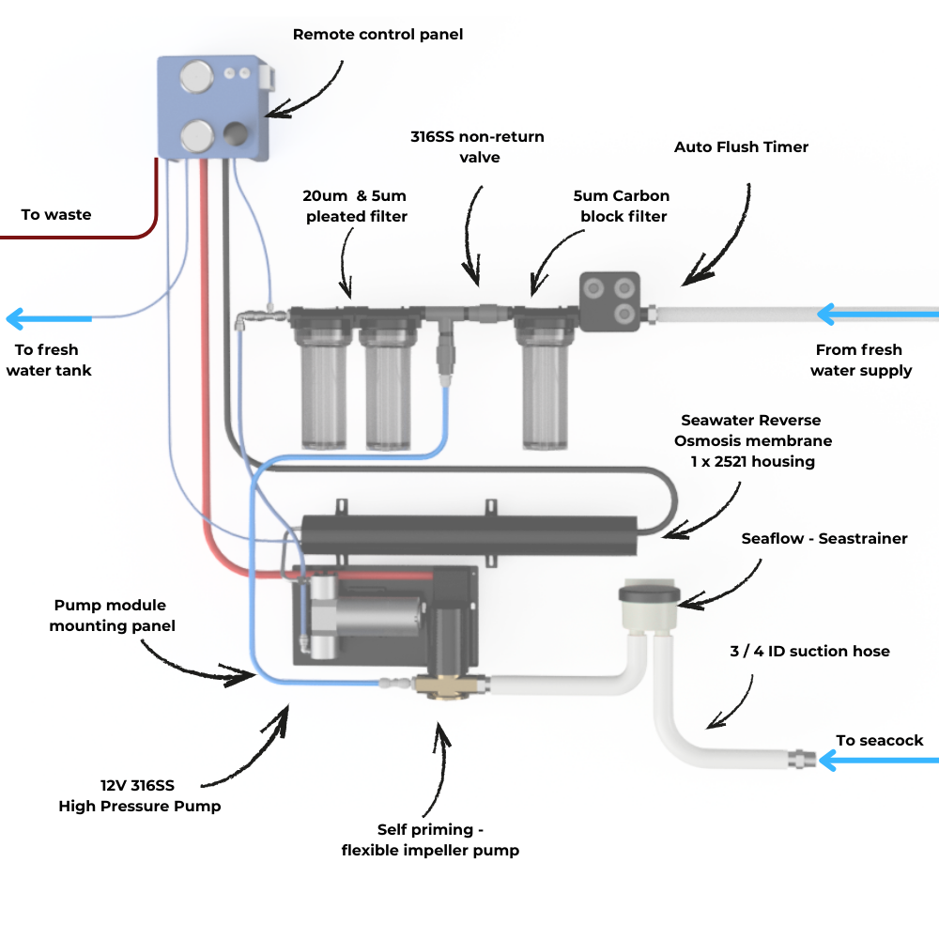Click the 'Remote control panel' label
pyautogui.click(x=377, y=35)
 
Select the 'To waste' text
pyautogui.click(x=56, y=215)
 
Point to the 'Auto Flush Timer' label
pyautogui.click(x=741, y=147)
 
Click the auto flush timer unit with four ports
pyautogui.click(x=609, y=300)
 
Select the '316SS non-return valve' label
pyautogui.click(x=477, y=147)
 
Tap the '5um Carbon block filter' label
pyautogui.click(x=623, y=207)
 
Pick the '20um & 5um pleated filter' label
pyautogui.click(x=354, y=207)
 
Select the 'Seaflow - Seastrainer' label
pyautogui.click(x=824, y=539)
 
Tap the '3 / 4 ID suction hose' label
pyautogui.click(x=809, y=651)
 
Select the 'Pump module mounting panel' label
pyautogui.click(x=112, y=616)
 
